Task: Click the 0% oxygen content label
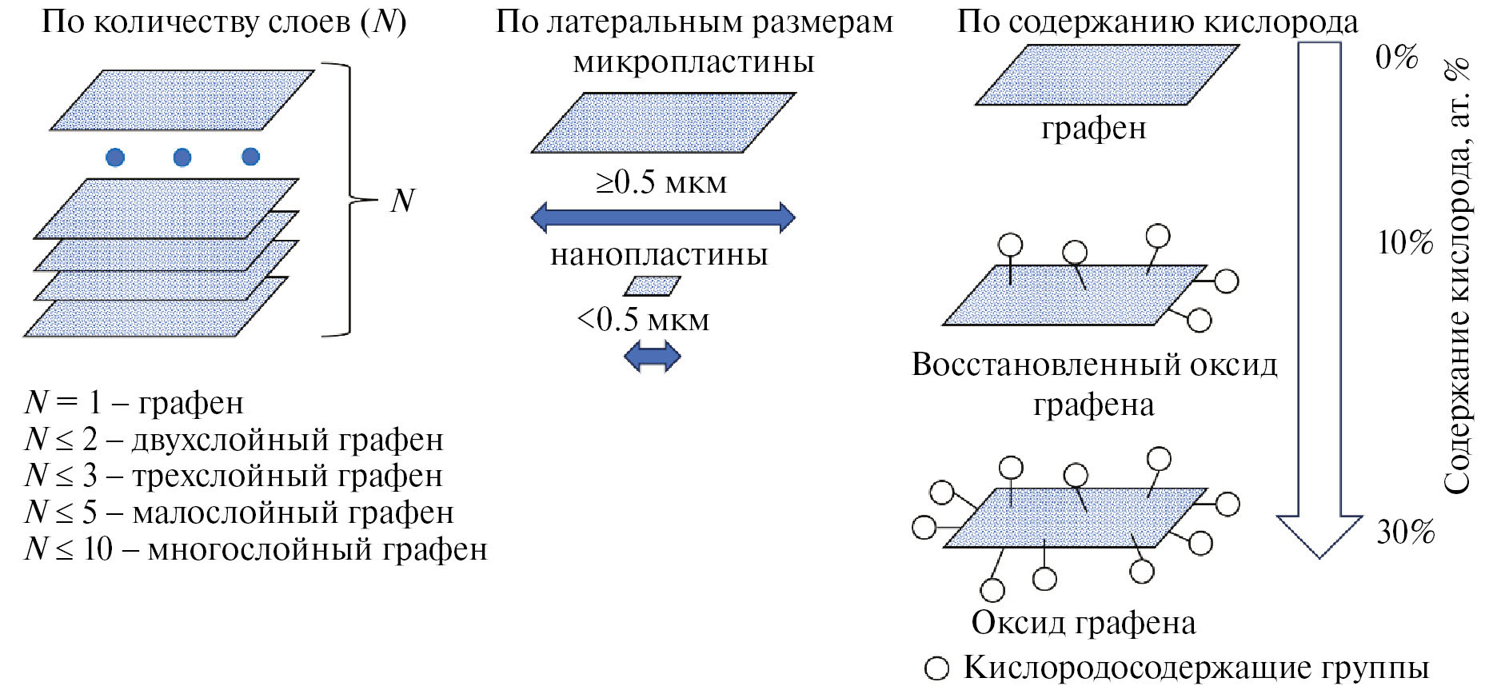[x=1396, y=58]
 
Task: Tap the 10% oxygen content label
[x=1405, y=242]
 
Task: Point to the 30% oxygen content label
[x=1406, y=532]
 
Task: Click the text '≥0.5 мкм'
[x=661, y=183]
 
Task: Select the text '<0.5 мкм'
[x=643, y=320]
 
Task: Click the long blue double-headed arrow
[x=663, y=217]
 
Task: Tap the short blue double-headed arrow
[x=652, y=356]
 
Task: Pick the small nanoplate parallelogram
[x=652, y=286]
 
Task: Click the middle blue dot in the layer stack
[x=182, y=157]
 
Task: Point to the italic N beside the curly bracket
[x=402, y=201]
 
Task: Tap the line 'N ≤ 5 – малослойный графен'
[x=239, y=513]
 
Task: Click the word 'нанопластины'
[x=659, y=254]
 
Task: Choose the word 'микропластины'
[x=693, y=62]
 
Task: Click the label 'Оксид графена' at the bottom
[x=1083, y=623]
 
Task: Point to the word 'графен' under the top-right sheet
[x=1093, y=128]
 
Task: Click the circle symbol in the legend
[x=936, y=668]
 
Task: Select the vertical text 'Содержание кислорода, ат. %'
[x=1458, y=276]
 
